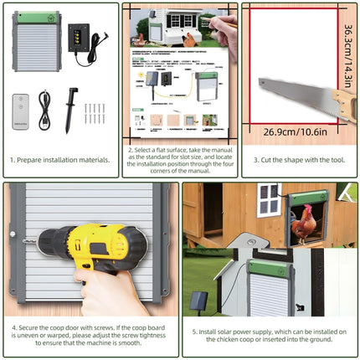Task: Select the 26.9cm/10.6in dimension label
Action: [295, 131]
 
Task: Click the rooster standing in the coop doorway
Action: [287, 225]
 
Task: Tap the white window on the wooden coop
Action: [268, 200]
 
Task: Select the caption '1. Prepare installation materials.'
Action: [59, 159]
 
